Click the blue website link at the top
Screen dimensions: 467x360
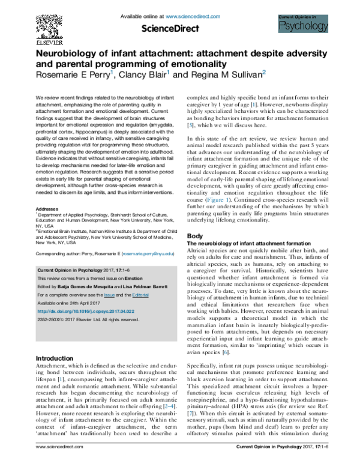tap(193, 17)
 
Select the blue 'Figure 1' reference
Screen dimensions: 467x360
tap(218, 200)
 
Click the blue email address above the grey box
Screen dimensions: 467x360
tap(148, 254)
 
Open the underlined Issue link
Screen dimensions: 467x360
tap(109, 295)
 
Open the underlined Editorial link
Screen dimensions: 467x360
tap(140, 295)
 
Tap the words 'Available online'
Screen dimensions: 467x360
tap(52, 303)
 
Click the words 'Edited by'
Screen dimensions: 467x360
tap(47, 287)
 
